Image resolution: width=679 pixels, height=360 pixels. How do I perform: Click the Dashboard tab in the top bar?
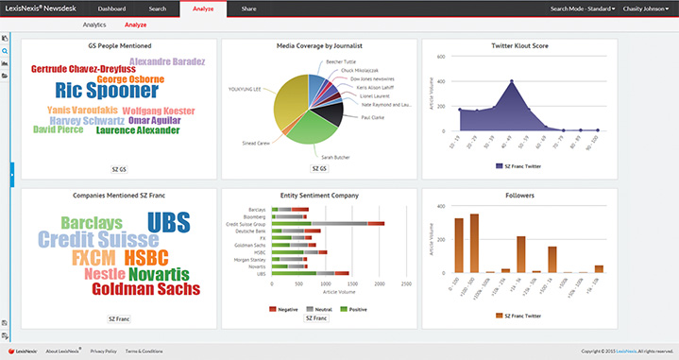coord(111,8)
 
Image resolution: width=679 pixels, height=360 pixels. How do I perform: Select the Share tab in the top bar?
coord(248,8)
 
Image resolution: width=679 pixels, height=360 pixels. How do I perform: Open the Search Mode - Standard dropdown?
coord(582,9)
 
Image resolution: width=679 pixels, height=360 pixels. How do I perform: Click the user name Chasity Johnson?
coord(646,9)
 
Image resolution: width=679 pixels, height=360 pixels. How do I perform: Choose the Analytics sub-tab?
coord(94,25)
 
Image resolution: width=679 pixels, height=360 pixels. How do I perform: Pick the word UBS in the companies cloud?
coord(169,223)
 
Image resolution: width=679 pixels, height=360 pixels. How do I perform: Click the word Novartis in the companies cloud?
coord(158,273)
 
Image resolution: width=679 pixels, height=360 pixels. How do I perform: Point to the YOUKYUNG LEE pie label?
coord(246,89)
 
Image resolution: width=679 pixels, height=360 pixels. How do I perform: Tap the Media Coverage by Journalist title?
coord(320,45)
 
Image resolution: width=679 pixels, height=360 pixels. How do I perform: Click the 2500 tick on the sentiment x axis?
coord(406,283)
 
